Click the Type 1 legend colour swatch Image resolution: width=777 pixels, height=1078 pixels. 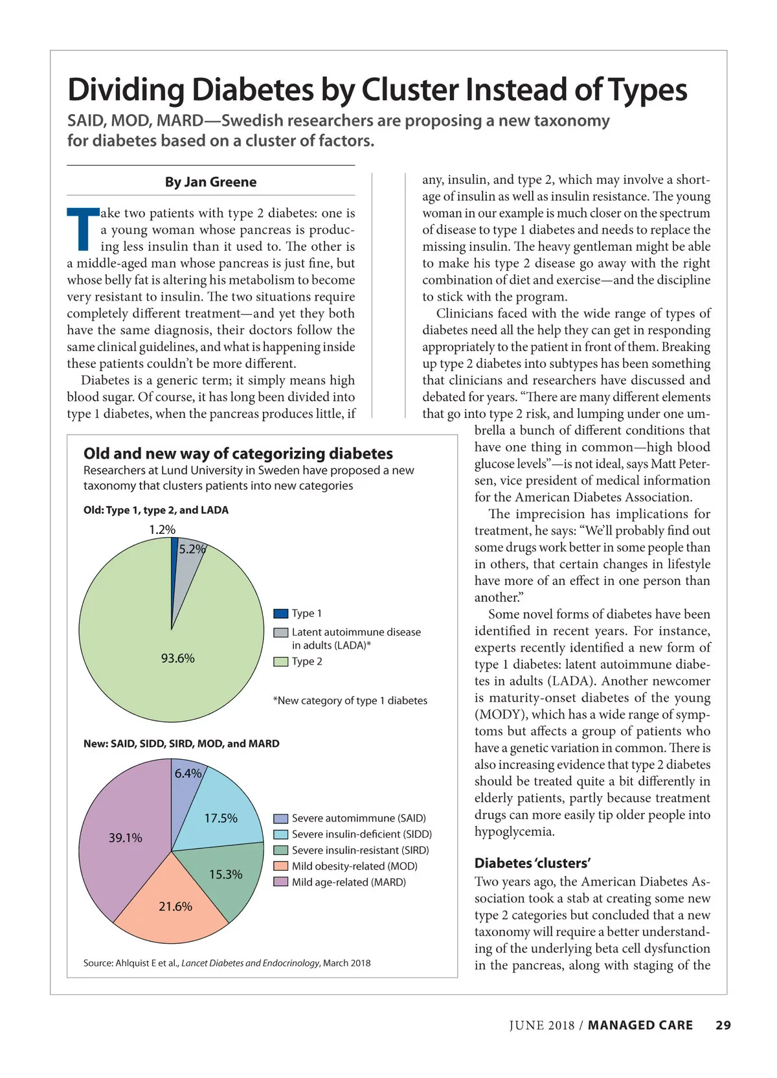coord(280,614)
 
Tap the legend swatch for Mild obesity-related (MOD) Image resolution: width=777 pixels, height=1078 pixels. coord(280,866)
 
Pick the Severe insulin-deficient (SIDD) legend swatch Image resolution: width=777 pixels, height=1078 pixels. coord(280,834)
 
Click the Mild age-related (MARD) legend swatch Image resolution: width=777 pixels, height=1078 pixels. coord(280,882)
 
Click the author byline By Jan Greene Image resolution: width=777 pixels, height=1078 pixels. coord(210,182)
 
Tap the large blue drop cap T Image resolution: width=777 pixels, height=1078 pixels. coord(83,229)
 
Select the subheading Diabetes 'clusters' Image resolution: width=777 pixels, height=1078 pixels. coord(532,863)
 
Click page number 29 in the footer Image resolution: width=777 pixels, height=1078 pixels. coord(723,1025)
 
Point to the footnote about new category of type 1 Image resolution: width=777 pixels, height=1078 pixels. coord(350,700)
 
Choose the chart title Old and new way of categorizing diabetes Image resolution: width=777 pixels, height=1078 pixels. coord(238,453)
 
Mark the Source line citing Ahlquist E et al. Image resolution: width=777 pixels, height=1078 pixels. coord(227,963)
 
